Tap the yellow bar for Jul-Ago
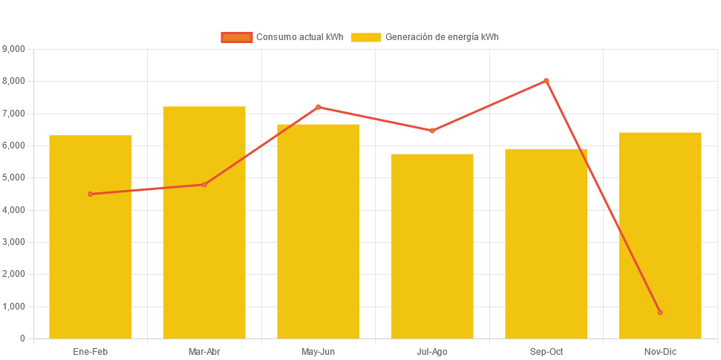(432, 245)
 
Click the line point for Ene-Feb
(91, 194)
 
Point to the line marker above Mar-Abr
(204, 184)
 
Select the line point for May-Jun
(318, 107)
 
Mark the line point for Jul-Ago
(432, 131)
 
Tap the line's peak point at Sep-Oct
(546, 80)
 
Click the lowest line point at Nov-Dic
(660, 312)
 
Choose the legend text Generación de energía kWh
(441, 37)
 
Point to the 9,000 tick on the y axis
(14, 49)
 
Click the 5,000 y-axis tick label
(14, 177)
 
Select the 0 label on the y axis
(22, 338)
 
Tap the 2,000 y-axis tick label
(14, 274)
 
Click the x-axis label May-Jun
(318, 351)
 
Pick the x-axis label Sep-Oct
(546, 351)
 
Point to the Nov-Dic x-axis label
(660, 351)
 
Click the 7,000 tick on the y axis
(14, 113)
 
